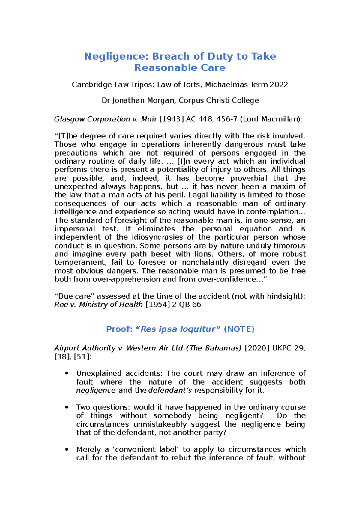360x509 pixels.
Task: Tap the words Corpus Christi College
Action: (219, 100)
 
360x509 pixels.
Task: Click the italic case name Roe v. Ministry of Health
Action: (98, 305)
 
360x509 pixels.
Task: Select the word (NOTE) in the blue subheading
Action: (239, 329)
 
